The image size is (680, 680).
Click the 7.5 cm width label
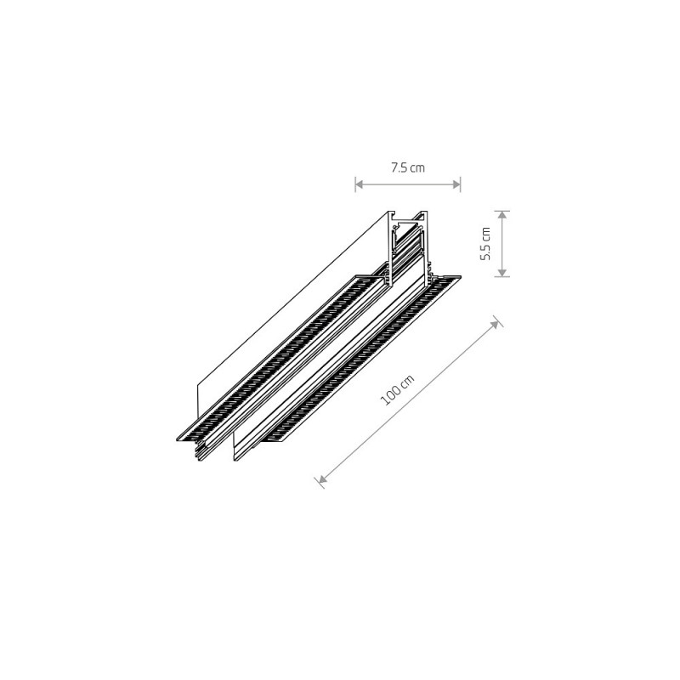point(408,167)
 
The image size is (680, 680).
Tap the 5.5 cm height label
point(485,243)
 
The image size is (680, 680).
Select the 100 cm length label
point(397,390)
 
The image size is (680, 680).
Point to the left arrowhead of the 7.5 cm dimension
point(359,184)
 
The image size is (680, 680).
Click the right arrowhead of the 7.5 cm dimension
point(456,184)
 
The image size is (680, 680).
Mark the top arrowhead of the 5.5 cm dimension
point(501,215)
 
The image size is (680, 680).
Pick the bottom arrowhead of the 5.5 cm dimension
point(501,272)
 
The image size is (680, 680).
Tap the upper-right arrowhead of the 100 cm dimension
point(495,324)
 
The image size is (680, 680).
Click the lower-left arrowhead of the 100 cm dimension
point(322,479)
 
